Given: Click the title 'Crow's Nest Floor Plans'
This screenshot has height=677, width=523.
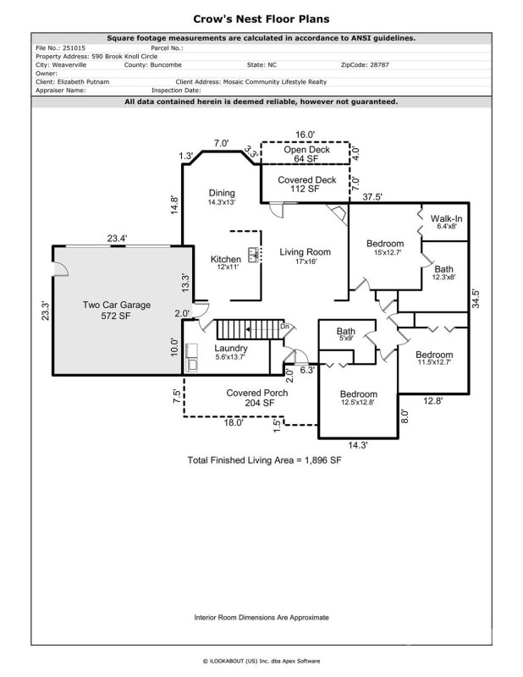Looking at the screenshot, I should click(x=261, y=18).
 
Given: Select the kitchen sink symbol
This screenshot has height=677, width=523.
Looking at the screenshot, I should click(x=252, y=252).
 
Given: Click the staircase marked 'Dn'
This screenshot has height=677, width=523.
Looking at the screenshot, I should click(x=247, y=331).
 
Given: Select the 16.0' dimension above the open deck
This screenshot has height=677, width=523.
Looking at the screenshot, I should click(x=305, y=134).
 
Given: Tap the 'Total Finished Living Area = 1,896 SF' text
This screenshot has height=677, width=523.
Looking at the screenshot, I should click(x=264, y=461).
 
